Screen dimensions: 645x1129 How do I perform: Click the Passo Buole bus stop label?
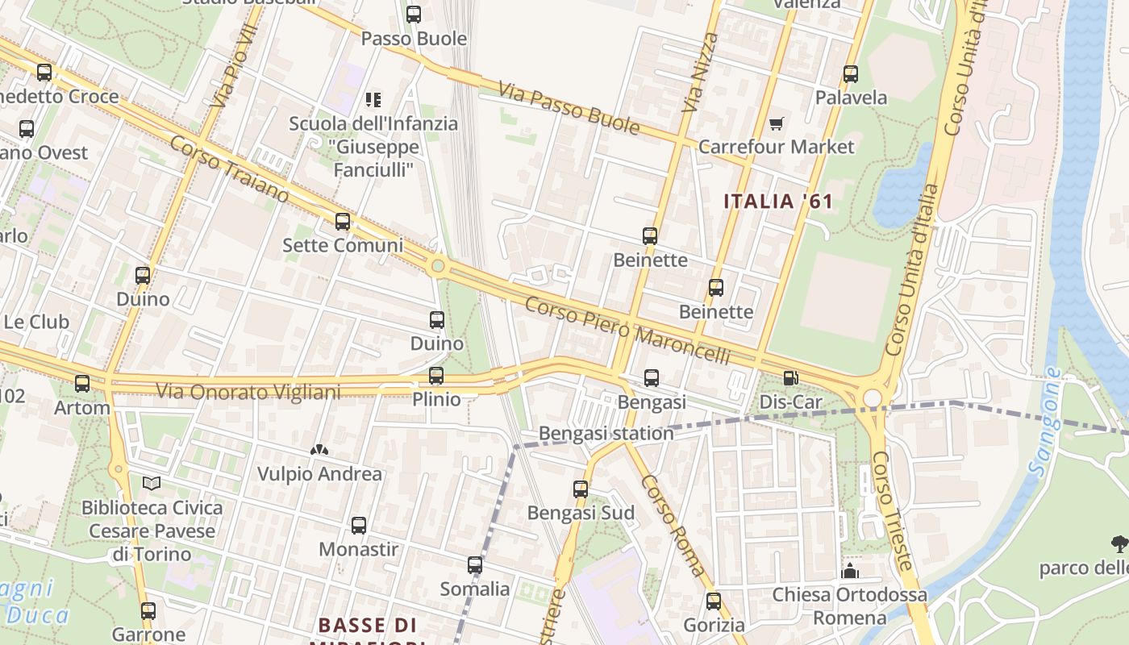click(x=414, y=39)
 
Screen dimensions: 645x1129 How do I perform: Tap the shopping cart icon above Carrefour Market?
click(x=776, y=123)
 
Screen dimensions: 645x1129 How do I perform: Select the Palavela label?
click(x=851, y=98)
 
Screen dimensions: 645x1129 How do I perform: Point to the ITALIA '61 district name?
click(x=777, y=202)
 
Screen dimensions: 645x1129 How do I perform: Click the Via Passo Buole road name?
click(x=569, y=107)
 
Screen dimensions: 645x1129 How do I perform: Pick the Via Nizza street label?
click(x=699, y=73)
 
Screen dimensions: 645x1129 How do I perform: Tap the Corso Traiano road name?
click(x=229, y=169)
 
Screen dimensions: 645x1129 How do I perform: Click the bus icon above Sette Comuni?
click(x=343, y=222)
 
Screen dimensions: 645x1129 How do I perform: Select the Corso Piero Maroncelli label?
click(x=627, y=331)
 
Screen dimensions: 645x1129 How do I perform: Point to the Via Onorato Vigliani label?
click(x=248, y=392)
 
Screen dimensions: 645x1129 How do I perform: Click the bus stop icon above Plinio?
click(x=436, y=376)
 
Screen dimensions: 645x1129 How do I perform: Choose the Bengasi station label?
click(x=606, y=433)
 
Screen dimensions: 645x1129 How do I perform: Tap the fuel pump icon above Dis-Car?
click(x=791, y=377)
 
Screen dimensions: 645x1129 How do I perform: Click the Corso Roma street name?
click(x=673, y=526)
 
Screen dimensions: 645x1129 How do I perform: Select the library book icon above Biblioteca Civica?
click(x=152, y=484)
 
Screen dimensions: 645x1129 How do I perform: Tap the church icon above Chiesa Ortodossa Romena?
click(x=849, y=572)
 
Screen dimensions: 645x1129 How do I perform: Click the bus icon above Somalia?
click(x=475, y=565)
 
